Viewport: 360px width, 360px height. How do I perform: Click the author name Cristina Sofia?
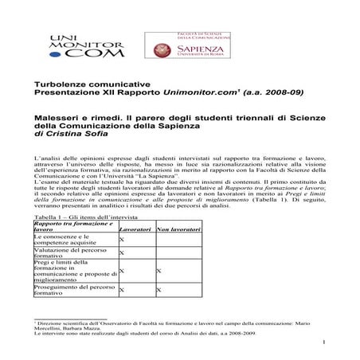pyautogui.click(x=80, y=140)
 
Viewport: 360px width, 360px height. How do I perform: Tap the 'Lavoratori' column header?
pyautogui.click(x=135, y=230)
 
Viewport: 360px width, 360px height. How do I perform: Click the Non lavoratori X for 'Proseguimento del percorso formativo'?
pyautogui.click(x=158, y=290)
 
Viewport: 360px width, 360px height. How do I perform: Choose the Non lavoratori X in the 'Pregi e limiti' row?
pyautogui.click(x=158, y=271)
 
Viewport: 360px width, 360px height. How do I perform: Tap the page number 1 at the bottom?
pyautogui.click(x=328, y=343)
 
